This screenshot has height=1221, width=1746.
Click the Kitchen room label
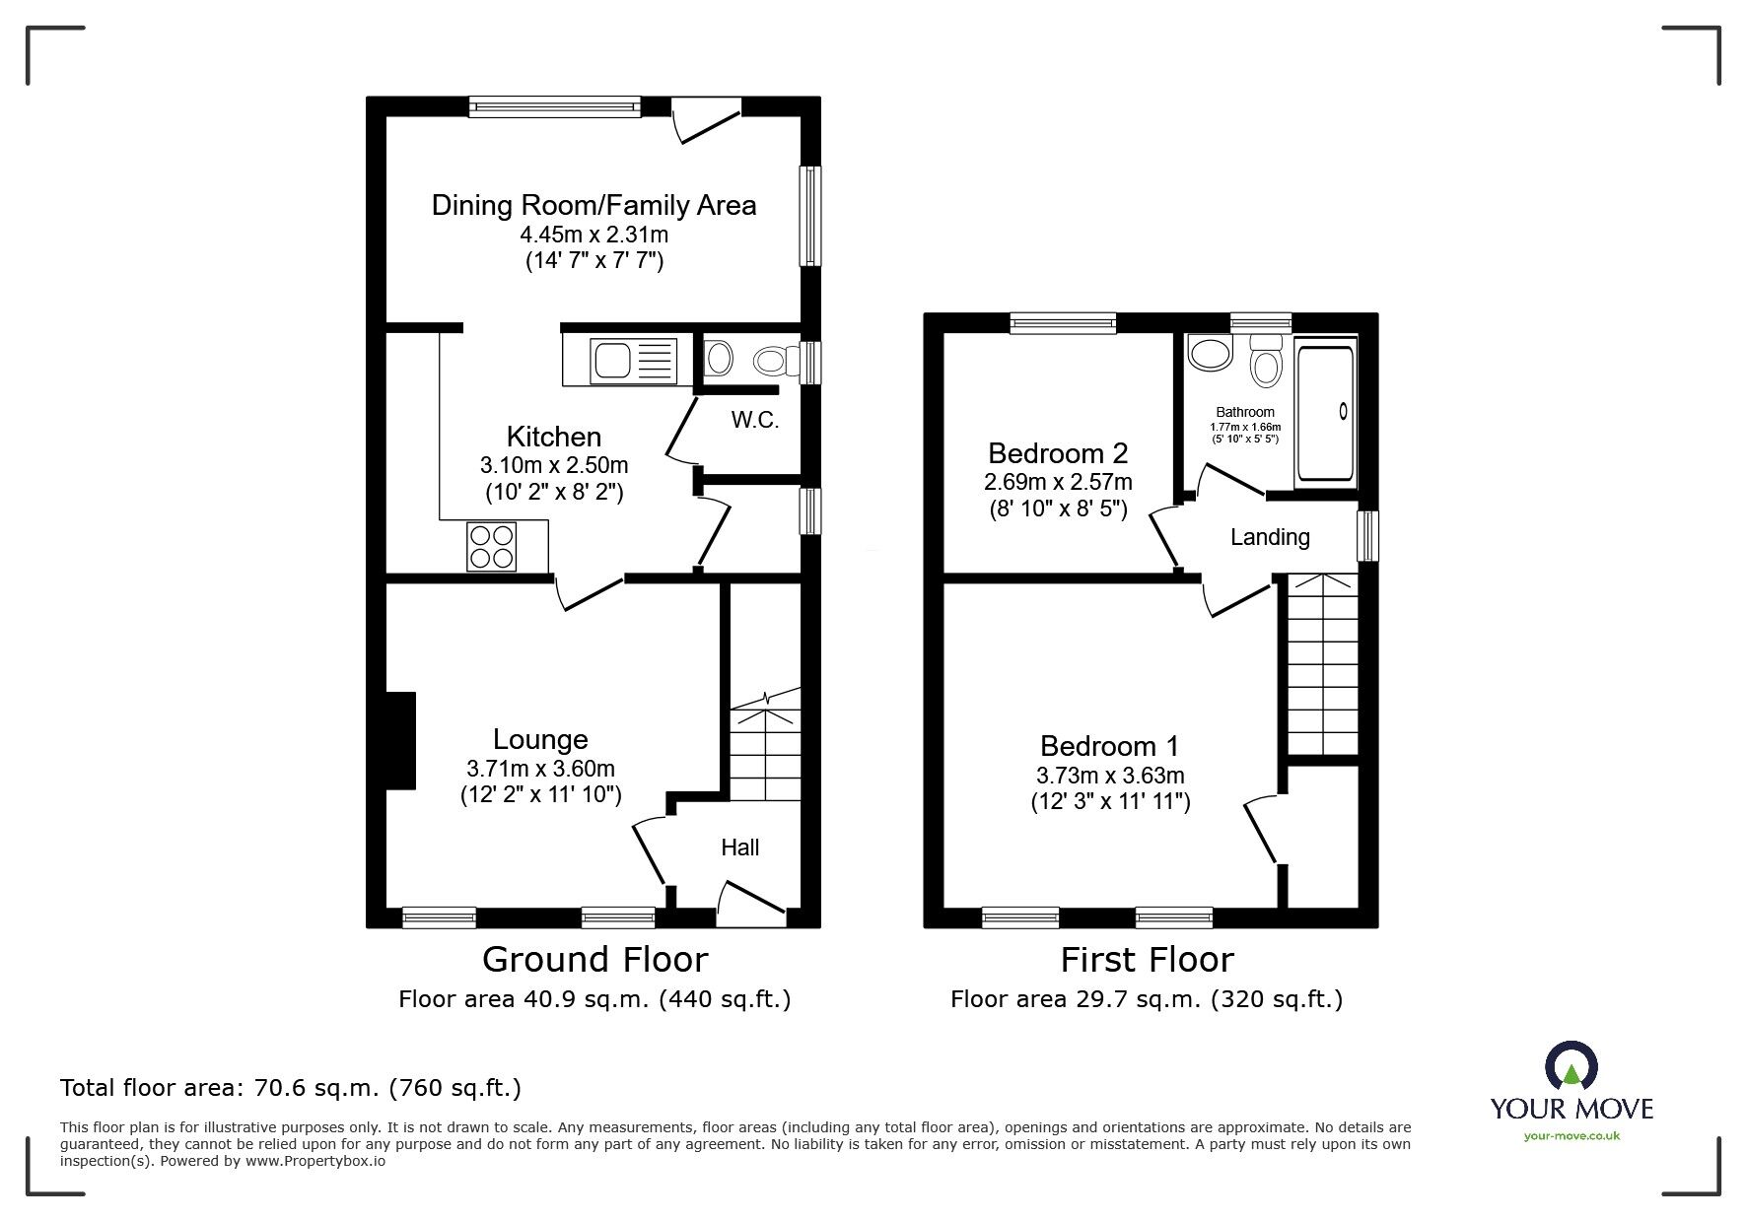(553, 437)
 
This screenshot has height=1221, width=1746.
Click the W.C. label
(755, 421)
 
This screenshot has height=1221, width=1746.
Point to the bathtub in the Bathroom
(1325, 412)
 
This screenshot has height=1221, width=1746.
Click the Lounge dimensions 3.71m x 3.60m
(540, 769)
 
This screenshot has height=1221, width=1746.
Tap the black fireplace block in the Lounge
(400, 740)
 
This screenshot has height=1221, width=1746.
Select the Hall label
(739, 848)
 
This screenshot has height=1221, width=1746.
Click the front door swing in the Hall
(751, 902)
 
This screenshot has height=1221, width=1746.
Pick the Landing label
(1270, 537)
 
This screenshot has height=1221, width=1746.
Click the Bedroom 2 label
(1057, 453)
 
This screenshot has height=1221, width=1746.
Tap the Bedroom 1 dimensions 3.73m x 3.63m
(1110, 776)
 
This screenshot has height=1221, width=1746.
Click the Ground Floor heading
(594, 959)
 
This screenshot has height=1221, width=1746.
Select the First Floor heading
(1147, 959)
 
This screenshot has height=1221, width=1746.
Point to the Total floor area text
(291, 1088)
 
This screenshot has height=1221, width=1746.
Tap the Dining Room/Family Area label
(594, 205)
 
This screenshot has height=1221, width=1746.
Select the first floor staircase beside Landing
(1323, 665)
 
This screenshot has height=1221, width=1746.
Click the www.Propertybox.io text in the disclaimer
(315, 1161)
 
